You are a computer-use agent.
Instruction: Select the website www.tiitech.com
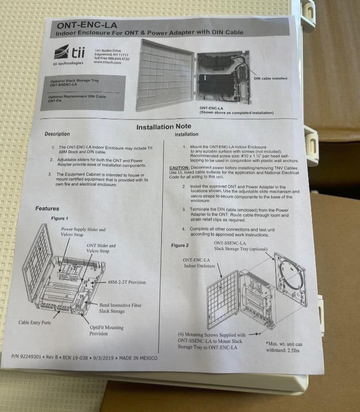point(108,62)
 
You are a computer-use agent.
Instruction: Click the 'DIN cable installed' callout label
point(270,79)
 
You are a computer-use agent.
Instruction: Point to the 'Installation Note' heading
point(164,127)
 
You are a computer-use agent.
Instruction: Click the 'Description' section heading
point(57,134)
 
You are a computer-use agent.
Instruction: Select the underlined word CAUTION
point(180,168)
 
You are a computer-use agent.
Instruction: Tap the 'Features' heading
point(47,208)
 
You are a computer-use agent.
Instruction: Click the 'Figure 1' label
point(60,218)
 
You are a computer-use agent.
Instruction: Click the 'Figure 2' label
point(180,245)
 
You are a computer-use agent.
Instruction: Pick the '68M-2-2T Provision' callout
point(127,282)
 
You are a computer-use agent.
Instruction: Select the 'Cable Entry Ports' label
point(35,322)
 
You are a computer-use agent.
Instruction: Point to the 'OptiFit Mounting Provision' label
point(107,330)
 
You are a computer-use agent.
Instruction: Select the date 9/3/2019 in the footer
point(101,357)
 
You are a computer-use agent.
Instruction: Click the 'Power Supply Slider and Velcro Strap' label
point(83,232)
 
